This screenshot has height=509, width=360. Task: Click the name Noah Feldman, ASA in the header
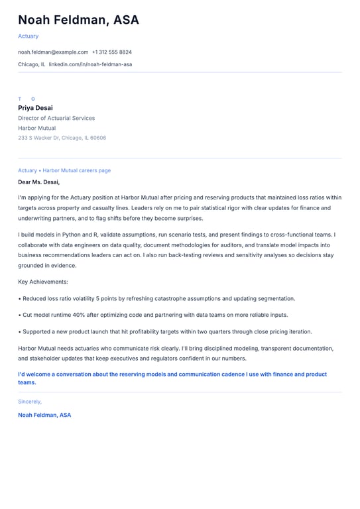point(78,21)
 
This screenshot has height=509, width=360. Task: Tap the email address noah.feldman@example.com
point(53,52)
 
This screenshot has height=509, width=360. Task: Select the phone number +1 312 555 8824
point(111,52)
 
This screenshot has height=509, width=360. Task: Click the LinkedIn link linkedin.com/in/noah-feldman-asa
point(90,64)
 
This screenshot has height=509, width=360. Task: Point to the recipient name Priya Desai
point(35,108)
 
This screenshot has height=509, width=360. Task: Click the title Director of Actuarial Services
point(56,118)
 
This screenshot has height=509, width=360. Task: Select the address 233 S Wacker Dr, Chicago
point(62,138)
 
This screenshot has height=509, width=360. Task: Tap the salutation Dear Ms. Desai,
point(38,182)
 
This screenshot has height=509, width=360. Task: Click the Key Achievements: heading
point(43,282)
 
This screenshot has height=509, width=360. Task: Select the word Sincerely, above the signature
point(30,402)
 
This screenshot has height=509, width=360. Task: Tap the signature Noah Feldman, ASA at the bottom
point(44,415)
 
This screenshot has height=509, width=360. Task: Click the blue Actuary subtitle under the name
point(29,36)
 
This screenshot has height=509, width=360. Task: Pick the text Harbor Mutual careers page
point(77,170)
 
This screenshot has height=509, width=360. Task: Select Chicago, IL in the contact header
point(32,64)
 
